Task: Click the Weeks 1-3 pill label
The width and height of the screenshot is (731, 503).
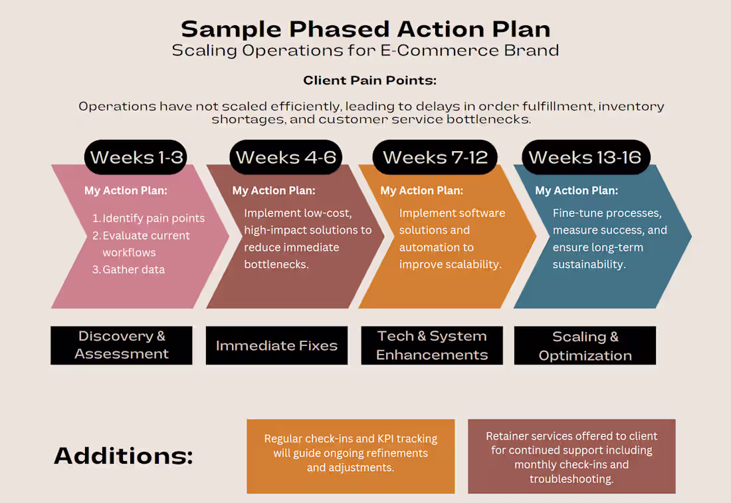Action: [136, 157]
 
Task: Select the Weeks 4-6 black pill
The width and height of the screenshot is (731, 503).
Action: [286, 157]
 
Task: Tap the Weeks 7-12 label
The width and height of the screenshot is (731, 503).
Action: [435, 157]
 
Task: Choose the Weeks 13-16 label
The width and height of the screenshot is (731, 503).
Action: [585, 157]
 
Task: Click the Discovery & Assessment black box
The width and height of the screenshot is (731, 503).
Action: [122, 345]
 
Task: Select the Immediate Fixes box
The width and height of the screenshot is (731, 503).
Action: [276, 345]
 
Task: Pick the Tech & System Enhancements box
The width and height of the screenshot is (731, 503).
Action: [432, 345]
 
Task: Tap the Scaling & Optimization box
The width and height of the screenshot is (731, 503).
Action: [585, 345]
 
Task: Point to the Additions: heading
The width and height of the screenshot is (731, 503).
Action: [123, 456]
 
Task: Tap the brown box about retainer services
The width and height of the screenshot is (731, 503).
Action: [572, 456]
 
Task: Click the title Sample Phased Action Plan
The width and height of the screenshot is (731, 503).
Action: [365, 29]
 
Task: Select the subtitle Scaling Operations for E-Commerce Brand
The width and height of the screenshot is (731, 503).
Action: [365, 51]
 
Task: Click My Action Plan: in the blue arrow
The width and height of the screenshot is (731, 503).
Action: [576, 190]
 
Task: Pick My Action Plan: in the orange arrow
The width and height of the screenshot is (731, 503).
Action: [421, 190]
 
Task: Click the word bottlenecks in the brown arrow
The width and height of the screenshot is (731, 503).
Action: [276, 264]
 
